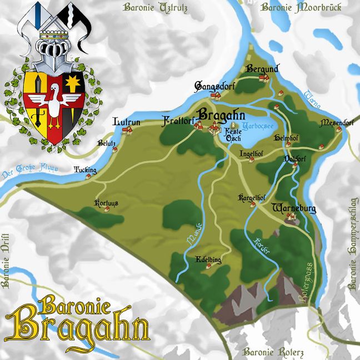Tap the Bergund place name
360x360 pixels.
pyautogui.click(x=261, y=68)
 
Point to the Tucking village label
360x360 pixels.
pyautogui.click(x=85, y=170)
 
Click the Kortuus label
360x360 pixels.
pyautogui.click(x=107, y=203)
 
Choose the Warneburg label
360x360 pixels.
pyautogui.click(x=294, y=209)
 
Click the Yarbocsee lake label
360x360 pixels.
pyautogui.click(x=245, y=126)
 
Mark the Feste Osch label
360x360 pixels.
pyautogui.click(x=233, y=134)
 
